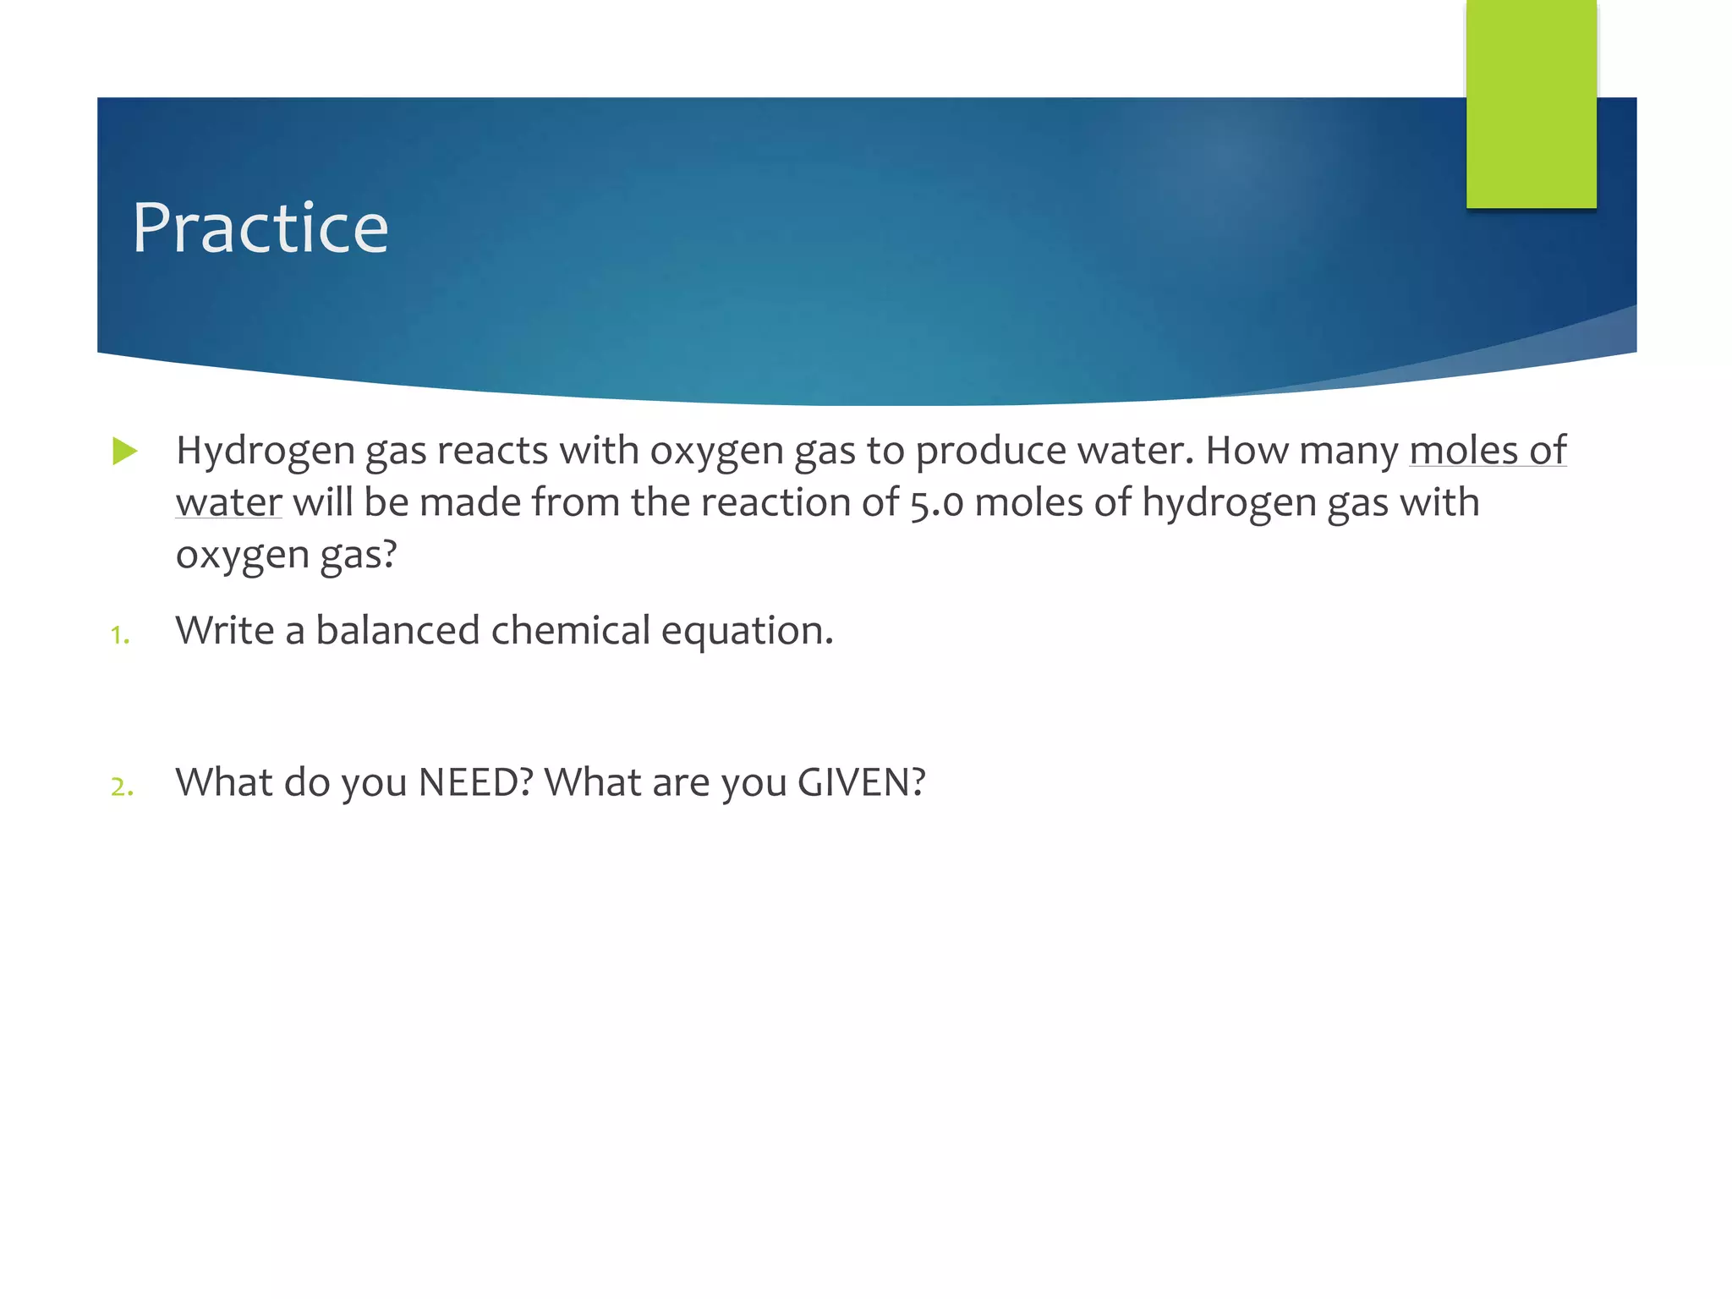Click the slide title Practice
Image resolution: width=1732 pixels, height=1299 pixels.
[260, 228]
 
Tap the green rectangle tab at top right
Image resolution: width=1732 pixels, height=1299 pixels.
[1531, 103]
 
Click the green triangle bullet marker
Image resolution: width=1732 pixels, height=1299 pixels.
[124, 451]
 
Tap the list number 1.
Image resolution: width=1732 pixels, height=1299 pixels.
[120, 635]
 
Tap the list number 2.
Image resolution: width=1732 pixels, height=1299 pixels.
[122, 787]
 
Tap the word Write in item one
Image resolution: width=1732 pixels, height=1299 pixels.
[224, 631]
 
